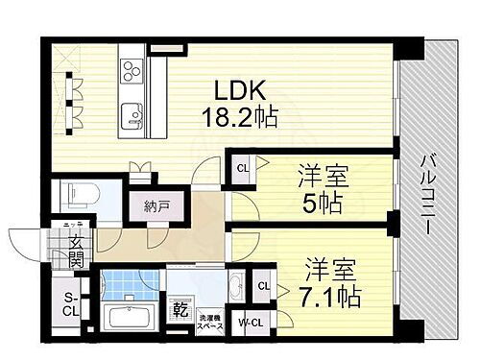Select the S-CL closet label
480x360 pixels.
pos(70,304)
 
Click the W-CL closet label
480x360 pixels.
pos(251,321)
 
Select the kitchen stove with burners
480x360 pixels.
pos(132,72)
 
